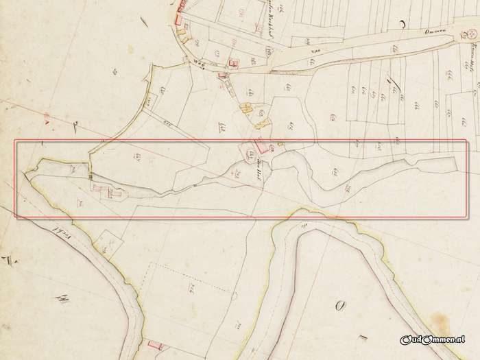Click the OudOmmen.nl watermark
pyautogui.click(x=433, y=339)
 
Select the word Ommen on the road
pyautogui.click(x=416, y=30)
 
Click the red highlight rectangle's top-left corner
pyautogui.click(x=16, y=141)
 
